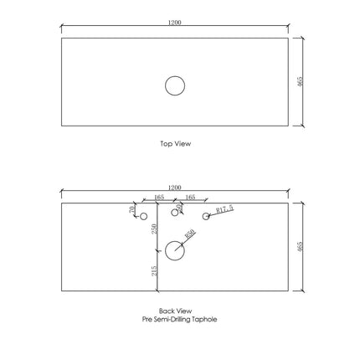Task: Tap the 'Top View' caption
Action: tap(176, 143)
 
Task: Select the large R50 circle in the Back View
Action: tap(175, 249)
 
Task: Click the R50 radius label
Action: tap(190, 235)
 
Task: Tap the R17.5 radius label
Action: tap(224, 210)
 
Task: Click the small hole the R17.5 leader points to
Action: tap(205, 218)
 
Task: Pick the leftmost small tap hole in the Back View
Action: tap(143, 217)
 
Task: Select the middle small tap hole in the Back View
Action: tap(174, 213)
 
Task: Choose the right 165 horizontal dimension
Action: tap(189, 198)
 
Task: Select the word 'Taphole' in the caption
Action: tap(204, 320)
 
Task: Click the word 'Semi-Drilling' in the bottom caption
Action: tap(175, 320)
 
